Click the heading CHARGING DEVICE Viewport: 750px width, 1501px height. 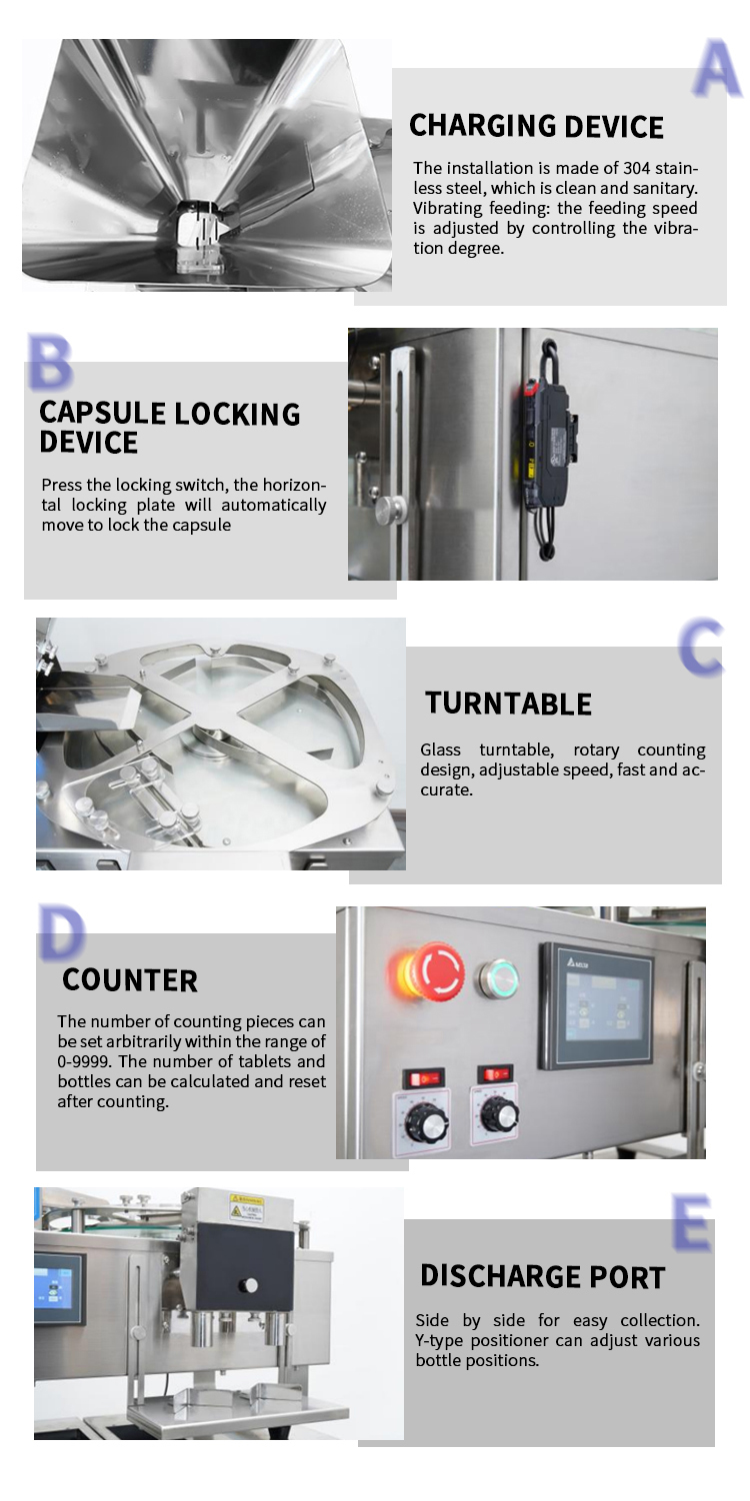(x=536, y=127)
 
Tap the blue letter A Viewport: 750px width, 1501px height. (x=717, y=68)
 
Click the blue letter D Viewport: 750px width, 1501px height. (x=62, y=931)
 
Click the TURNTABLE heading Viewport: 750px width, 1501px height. (x=509, y=704)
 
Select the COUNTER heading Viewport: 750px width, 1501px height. (x=130, y=980)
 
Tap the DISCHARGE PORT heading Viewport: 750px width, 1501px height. (x=543, y=1276)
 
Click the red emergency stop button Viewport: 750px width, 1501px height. (x=435, y=971)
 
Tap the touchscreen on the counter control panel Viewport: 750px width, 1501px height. (x=597, y=1005)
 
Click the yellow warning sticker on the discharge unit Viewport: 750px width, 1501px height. (x=247, y=1207)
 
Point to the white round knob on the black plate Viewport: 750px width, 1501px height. (x=249, y=1285)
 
